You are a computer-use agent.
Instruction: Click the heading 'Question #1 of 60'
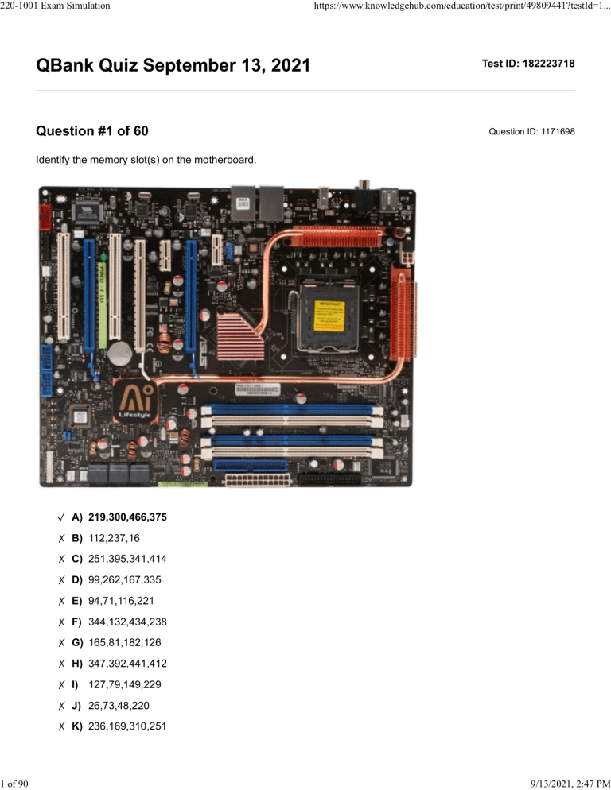(x=91, y=130)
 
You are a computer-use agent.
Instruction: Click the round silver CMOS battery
(x=119, y=351)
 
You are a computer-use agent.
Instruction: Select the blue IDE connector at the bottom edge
(x=250, y=464)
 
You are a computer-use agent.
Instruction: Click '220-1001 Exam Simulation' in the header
(x=55, y=8)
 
